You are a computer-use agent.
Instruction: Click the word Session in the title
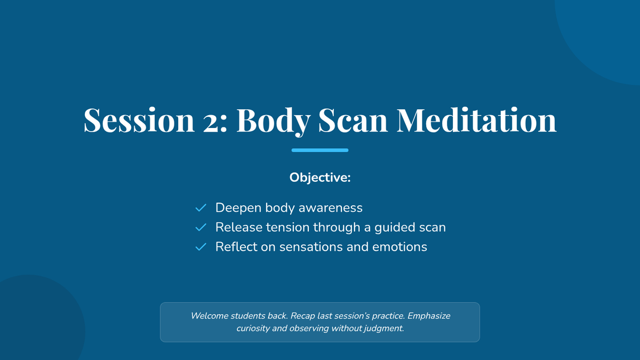pos(139,120)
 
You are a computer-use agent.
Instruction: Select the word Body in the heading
pos(274,122)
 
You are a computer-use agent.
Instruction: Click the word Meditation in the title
pos(477,120)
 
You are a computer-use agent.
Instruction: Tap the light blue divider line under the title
pos(320,150)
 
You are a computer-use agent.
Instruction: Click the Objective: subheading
pos(320,178)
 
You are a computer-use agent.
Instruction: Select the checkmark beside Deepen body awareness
pos(201,207)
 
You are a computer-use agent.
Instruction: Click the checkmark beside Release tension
pos(201,227)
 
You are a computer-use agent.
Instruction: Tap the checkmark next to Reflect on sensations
pos(201,247)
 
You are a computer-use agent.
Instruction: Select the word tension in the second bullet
pos(287,228)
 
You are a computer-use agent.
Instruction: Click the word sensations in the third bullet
pos(311,247)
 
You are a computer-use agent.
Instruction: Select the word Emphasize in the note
pos(429,316)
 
